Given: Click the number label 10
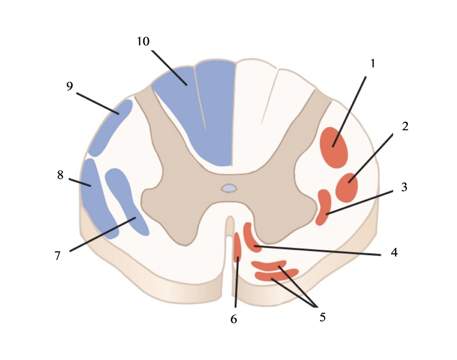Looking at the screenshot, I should coord(143,41).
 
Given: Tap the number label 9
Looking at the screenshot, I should coord(70,86).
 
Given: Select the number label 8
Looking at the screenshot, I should coord(60,175).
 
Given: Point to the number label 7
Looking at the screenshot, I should coord(58,255).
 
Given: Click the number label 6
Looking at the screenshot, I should coord(234,319).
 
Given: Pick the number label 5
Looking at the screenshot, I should coord(322,317).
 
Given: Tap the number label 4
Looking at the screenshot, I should coord(394,252).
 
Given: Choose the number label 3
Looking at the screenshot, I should coord(404,187).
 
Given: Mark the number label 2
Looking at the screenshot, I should coord(405,126).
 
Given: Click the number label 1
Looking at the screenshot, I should coord(373,63).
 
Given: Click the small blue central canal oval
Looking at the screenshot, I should coord(229,188).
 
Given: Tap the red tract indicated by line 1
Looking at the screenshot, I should coord(334,148).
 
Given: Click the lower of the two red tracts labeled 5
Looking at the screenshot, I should coord(276,276).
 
